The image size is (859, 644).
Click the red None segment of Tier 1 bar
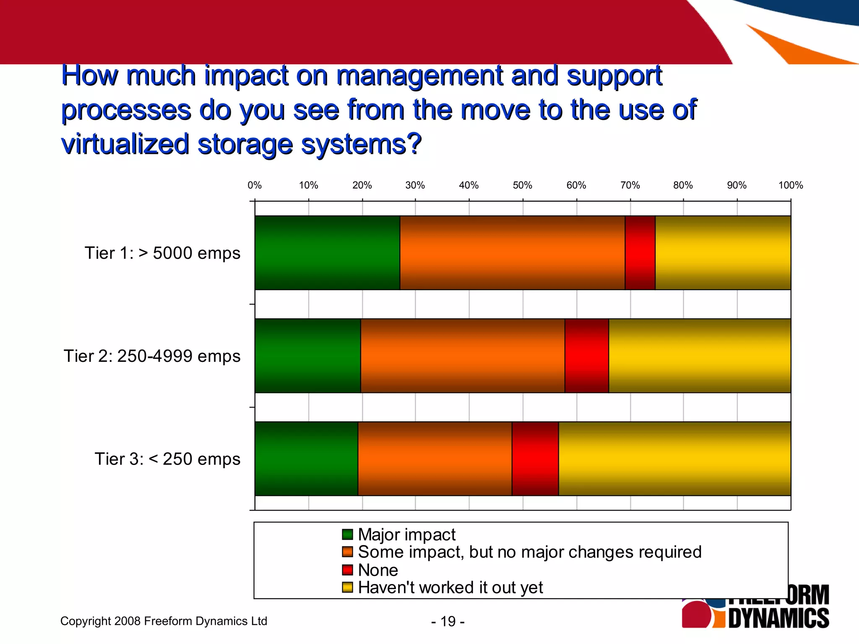click(640, 253)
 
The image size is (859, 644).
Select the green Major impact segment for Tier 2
click(307, 356)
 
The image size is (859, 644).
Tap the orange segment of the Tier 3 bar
click(435, 459)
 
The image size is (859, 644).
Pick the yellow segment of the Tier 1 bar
click(723, 253)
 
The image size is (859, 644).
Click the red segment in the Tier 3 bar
click(535, 459)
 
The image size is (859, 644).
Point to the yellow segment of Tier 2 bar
click(699, 356)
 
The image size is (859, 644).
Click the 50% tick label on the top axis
click(522, 185)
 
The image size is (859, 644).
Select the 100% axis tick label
click(790, 185)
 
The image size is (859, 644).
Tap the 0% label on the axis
click(255, 185)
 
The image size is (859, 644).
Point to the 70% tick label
click(630, 185)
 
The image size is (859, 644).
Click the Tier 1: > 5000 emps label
click(162, 253)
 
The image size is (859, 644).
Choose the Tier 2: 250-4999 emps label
click(152, 356)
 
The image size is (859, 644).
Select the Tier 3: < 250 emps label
click(167, 459)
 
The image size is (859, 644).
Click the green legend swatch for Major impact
click(347, 535)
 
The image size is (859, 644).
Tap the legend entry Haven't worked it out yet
click(450, 588)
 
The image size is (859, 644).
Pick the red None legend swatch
click(347, 570)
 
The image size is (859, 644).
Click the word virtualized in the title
click(125, 144)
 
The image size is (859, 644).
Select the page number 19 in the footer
click(448, 621)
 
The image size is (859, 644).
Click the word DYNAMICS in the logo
click(778, 618)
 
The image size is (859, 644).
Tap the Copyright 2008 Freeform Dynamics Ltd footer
click(164, 621)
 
